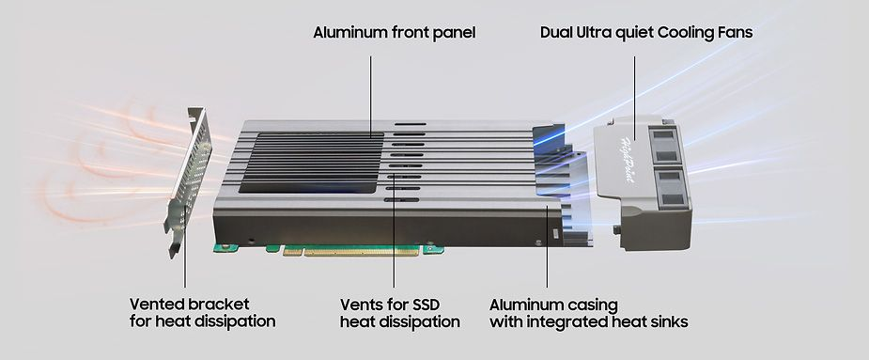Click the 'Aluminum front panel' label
click(395, 33)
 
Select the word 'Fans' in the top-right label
click(733, 33)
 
